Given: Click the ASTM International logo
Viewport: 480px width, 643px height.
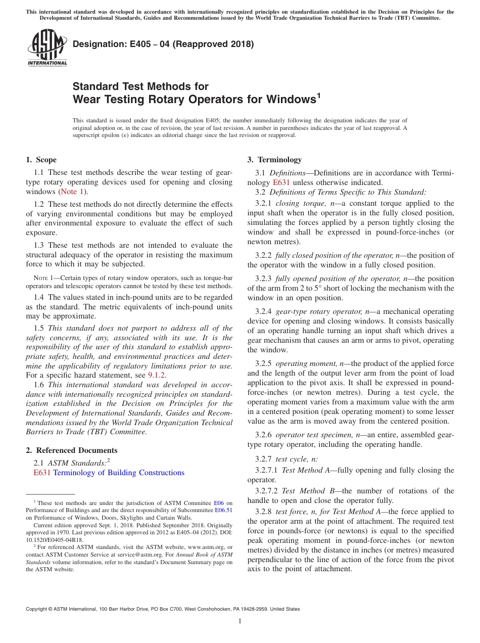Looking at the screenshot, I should (47, 48).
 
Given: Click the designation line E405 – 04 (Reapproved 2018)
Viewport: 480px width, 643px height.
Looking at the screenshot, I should (163, 44).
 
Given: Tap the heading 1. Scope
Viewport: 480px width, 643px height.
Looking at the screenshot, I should (41, 160).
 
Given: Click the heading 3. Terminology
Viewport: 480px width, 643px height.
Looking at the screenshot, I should (274, 160).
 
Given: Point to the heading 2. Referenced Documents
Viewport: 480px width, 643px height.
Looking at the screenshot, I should (72, 450).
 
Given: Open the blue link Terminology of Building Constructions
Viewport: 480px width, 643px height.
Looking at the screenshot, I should (119, 473).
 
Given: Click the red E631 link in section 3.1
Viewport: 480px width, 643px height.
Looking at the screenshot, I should (281, 182).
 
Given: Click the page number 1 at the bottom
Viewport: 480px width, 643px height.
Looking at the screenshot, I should (240, 621).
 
